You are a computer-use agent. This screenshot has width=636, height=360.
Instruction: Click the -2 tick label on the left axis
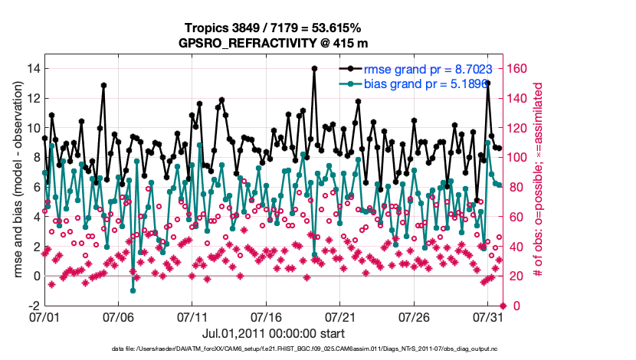tap(31, 306)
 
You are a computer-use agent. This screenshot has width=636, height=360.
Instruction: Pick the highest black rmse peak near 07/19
tap(314, 68)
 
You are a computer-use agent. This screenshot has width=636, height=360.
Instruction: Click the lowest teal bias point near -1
tap(133, 290)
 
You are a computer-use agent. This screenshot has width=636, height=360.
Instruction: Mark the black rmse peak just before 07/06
tap(103, 85)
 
